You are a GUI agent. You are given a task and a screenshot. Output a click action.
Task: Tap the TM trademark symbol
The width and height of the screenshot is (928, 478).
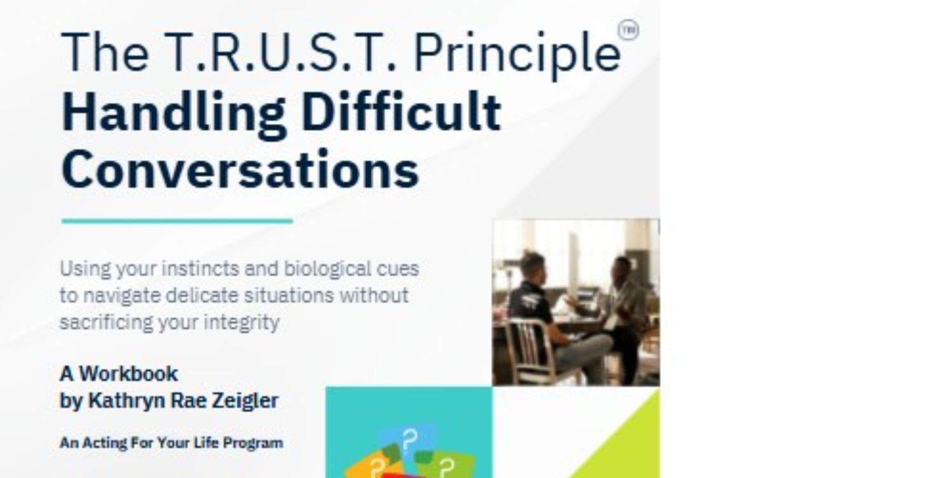click(628, 30)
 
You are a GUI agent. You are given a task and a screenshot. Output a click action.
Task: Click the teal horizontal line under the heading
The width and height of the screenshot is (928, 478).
click(177, 221)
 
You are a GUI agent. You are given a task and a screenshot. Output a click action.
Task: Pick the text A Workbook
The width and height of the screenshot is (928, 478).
click(119, 373)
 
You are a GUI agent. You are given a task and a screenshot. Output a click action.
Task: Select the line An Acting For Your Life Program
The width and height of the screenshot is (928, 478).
click(171, 442)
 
